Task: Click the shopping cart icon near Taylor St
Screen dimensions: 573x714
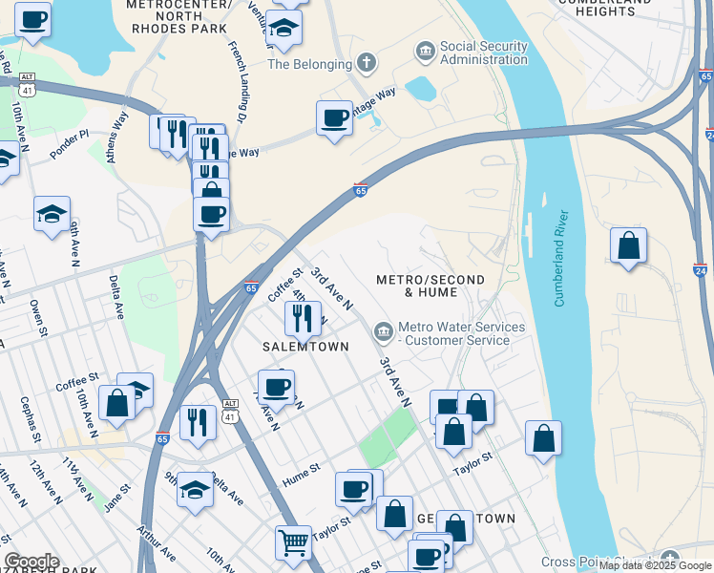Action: (x=293, y=542)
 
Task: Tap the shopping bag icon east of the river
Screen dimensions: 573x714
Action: (x=628, y=245)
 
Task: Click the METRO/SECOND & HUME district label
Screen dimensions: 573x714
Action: (x=430, y=286)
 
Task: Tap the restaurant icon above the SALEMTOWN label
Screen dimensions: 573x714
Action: (x=303, y=318)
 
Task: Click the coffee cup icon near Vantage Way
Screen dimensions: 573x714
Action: (x=334, y=117)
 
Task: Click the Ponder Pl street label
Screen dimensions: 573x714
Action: (x=70, y=145)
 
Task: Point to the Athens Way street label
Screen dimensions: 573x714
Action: (x=118, y=138)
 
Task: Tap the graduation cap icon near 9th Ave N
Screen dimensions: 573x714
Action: (x=52, y=214)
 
